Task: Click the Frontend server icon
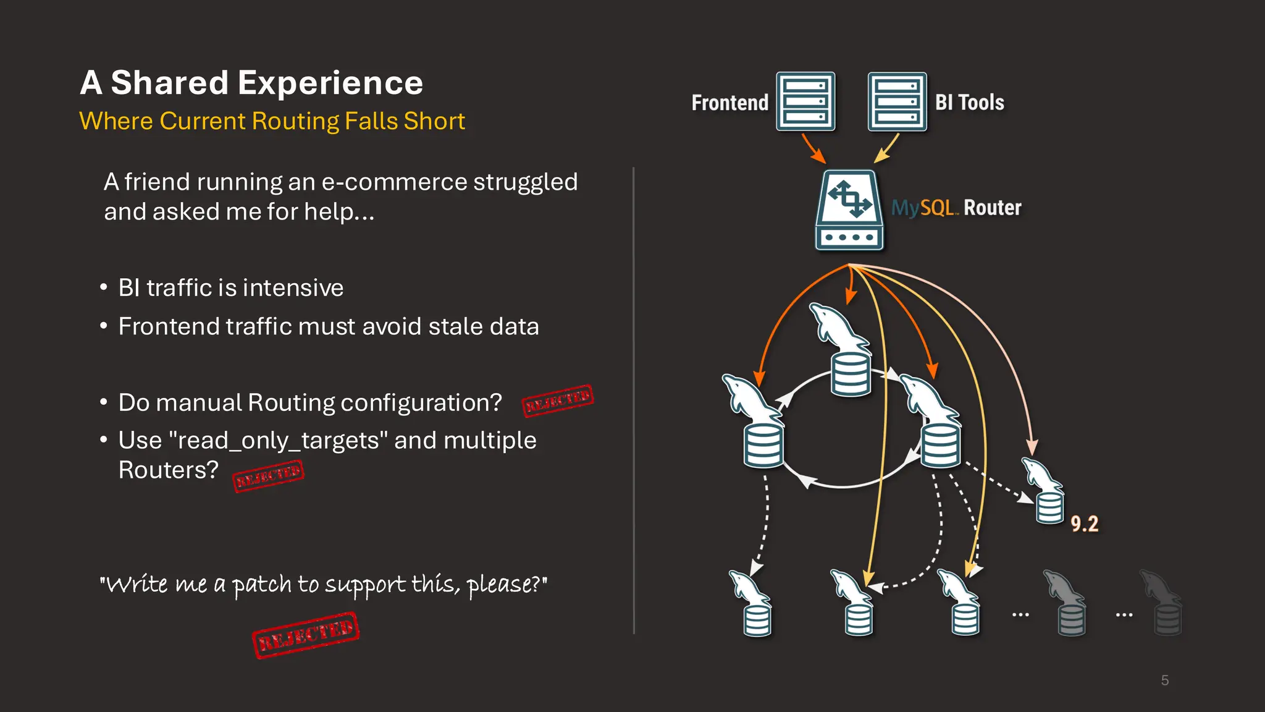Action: (x=805, y=101)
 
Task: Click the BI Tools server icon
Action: (x=897, y=101)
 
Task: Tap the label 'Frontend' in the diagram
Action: (x=729, y=103)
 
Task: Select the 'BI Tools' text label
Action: (x=969, y=103)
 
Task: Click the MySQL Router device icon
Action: (x=849, y=210)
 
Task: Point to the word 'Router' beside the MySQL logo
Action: (x=992, y=208)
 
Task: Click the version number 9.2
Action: (x=1084, y=524)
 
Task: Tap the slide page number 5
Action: (x=1164, y=680)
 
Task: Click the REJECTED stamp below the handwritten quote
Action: (x=306, y=635)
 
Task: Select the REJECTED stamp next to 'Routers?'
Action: (x=268, y=476)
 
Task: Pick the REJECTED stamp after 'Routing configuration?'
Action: (x=558, y=400)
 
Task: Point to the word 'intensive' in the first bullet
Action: (x=293, y=288)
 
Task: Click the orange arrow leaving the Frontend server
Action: (x=813, y=148)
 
